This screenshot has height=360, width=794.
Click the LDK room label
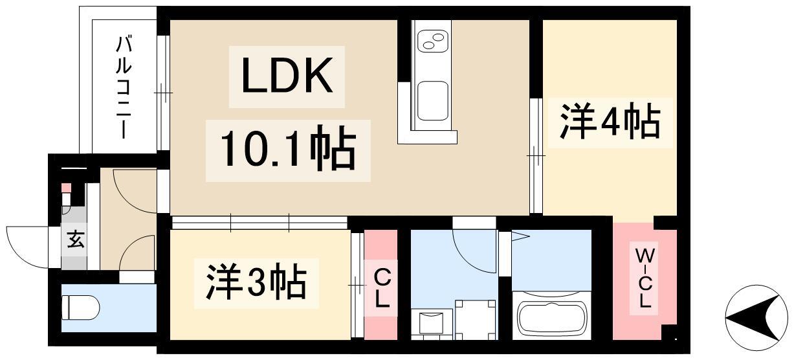coord(287,75)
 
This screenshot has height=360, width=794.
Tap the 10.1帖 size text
coord(288,151)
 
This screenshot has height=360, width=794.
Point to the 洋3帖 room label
coord(256,283)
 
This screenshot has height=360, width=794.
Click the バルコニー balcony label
coord(124,87)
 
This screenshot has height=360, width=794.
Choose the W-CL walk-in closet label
coord(645,278)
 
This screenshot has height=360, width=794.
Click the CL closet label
coord(382,288)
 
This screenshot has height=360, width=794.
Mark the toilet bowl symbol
coord(81,308)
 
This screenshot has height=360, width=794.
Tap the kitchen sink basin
coord(432,101)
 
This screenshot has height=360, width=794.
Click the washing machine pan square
coord(476,320)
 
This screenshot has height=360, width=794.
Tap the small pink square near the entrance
coord(66,188)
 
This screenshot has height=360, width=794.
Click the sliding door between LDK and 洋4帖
coord(536,155)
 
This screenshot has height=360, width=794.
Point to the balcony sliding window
coord(163,93)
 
